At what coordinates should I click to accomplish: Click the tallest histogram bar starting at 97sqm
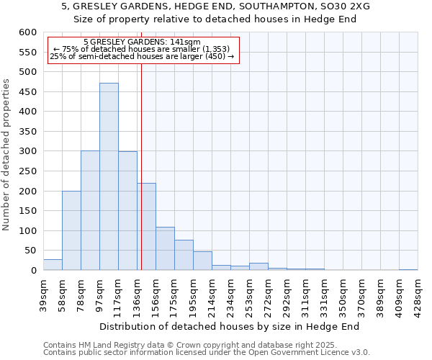(x=109, y=176)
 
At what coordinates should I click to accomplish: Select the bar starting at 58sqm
(x=71, y=230)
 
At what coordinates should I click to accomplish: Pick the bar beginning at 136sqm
(x=146, y=227)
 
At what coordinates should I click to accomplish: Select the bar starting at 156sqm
(x=165, y=249)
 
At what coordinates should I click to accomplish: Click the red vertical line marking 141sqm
(x=141, y=144)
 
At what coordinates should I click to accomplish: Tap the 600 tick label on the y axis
(x=27, y=32)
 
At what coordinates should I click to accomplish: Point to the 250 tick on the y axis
(x=27, y=171)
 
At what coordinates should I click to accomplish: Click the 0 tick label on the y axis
(x=33, y=271)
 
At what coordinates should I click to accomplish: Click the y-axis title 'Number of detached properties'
(x=6, y=155)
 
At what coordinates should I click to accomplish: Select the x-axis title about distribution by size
(x=229, y=326)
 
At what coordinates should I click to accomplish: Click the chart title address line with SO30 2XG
(x=216, y=6)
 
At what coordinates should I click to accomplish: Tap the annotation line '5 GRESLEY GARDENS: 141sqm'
(x=142, y=42)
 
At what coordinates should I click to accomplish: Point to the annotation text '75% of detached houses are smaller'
(x=142, y=49)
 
